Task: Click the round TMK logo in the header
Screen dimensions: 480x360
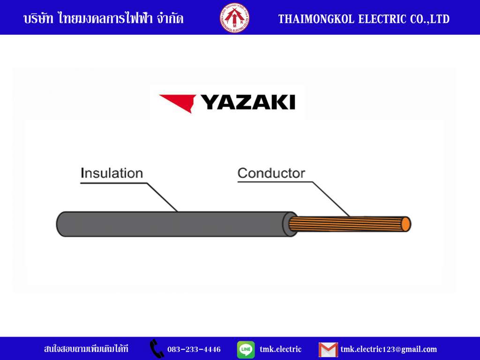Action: point(234,18)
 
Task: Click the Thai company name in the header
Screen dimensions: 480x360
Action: point(104,18)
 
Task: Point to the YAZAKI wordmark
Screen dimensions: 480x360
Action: point(247,102)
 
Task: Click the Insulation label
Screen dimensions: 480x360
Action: point(112,173)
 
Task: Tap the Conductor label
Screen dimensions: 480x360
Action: point(271,173)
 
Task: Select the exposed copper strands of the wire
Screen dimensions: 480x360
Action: point(346,224)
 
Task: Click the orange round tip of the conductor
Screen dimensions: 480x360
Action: point(406,224)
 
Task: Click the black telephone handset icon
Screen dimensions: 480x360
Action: point(157,349)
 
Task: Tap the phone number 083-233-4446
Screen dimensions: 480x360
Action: point(194,349)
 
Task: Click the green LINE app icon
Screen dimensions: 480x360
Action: point(246,349)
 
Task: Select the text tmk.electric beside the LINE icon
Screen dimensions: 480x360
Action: point(280,349)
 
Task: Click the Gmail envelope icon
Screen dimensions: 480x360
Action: point(328,350)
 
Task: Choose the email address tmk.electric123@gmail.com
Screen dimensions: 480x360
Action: point(389,350)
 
